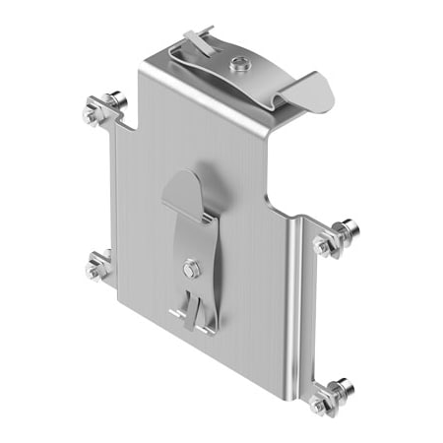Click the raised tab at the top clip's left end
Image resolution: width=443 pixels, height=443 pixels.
(198, 39)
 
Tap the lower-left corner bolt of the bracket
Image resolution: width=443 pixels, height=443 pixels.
(99, 265)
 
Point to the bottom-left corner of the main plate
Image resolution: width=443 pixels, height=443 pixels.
(121, 297)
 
